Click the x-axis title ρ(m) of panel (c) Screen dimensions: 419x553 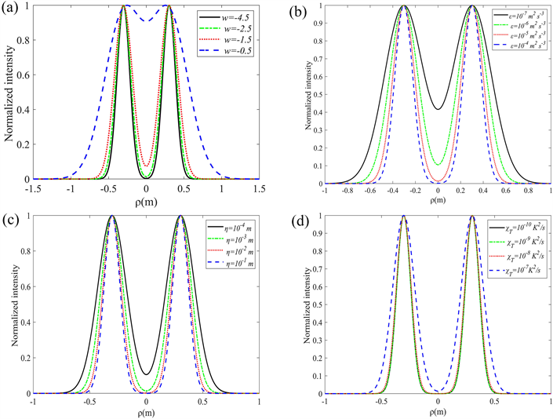[x=147, y=412]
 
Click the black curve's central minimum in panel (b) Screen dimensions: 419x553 [x=438, y=109]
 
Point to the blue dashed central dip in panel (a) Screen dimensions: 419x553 [x=147, y=21]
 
